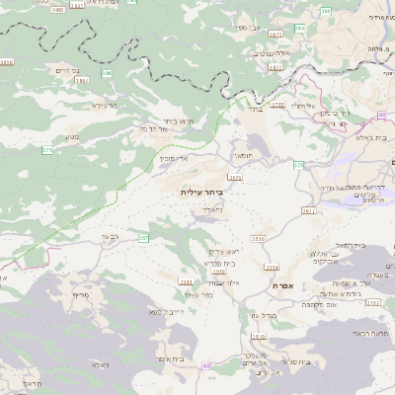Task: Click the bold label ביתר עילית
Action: coord(203,191)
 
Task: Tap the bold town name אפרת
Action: coord(285,284)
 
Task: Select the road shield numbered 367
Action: coord(143,238)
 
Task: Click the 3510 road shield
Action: coord(258,238)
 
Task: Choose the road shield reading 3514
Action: coord(272,267)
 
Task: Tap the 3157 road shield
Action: coord(372,303)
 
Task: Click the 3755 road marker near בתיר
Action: coord(276,104)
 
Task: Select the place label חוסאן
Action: coord(242,155)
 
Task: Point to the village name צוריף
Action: coord(79,294)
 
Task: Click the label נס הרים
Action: coord(62,70)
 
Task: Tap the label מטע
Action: coord(72,137)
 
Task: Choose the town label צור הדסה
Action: coord(157,129)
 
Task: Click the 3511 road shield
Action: coord(186,281)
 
